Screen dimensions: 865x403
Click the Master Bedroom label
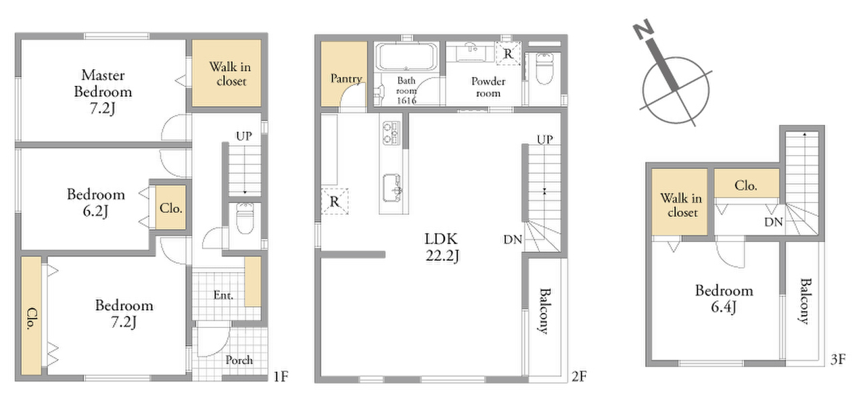103,91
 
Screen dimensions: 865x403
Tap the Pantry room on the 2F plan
344,73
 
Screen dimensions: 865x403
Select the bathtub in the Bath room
406,57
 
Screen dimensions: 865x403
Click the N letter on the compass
643,28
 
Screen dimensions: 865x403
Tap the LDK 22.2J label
442,247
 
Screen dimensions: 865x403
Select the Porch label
239,360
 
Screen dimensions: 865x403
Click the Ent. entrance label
223,295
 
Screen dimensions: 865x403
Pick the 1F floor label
281,377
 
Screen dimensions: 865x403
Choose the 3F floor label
838,359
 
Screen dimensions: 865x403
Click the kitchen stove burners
391,133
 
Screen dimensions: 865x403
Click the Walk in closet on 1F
227,73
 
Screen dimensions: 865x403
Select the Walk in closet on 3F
680,201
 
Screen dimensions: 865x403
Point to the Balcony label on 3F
804,301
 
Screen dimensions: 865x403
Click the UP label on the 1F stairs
243,136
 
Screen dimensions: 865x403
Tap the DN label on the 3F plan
774,222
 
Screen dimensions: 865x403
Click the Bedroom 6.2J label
96,203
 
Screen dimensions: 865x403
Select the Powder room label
488,87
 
